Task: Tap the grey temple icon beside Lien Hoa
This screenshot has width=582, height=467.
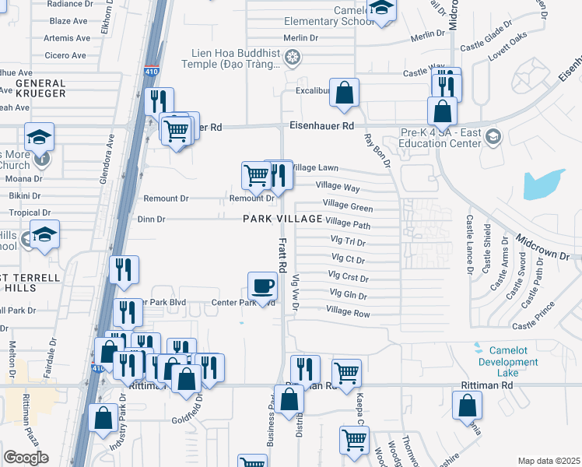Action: click(x=292, y=58)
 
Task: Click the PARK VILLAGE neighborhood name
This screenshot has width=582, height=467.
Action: click(x=282, y=219)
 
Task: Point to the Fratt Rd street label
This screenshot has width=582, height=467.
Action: click(x=283, y=255)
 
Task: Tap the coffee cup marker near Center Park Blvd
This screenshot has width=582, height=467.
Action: click(x=262, y=286)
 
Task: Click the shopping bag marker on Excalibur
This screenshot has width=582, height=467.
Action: click(x=344, y=93)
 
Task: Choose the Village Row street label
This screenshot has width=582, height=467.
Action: click(x=348, y=312)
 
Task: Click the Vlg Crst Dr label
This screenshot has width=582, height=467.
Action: click(x=348, y=276)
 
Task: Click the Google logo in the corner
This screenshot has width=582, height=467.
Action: click(x=26, y=458)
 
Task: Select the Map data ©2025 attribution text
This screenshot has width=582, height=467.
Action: click(x=549, y=461)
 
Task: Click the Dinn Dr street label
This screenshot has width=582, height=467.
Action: click(x=150, y=219)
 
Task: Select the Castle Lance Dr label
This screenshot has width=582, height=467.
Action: click(x=469, y=246)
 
